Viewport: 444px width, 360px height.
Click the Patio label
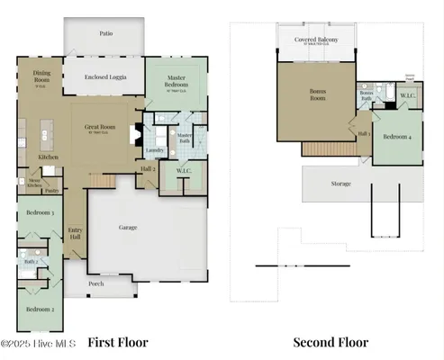(x=105, y=32)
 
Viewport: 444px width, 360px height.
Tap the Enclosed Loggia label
(x=106, y=77)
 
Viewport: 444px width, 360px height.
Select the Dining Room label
(x=41, y=76)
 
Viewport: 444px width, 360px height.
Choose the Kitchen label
(x=48, y=157)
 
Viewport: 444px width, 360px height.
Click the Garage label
(x=129, y=228)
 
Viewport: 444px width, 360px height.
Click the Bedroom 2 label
(x=39, y=310)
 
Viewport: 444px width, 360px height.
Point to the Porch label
(x=95, y=284)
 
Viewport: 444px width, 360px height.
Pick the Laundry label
(x=155, y=150)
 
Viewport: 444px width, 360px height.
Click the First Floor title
(x=117, y=342)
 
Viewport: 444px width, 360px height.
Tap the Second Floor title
(x=331, y=342)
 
